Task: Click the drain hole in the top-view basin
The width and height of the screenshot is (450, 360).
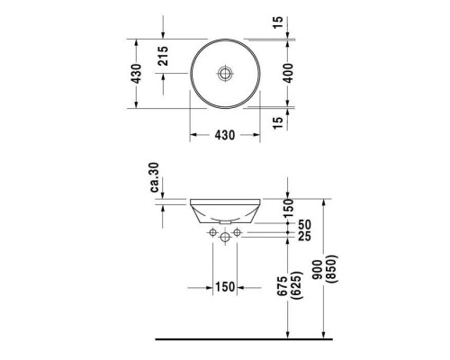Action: [225, 72]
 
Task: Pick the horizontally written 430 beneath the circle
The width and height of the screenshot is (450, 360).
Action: [224, 136]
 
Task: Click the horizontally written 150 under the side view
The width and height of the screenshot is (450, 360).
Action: [224, 287]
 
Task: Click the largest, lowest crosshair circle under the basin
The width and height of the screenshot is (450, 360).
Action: [224, 238]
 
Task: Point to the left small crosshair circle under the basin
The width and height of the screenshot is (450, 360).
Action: [211, 232]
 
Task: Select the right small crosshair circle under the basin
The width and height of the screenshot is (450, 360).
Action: [237, 232]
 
